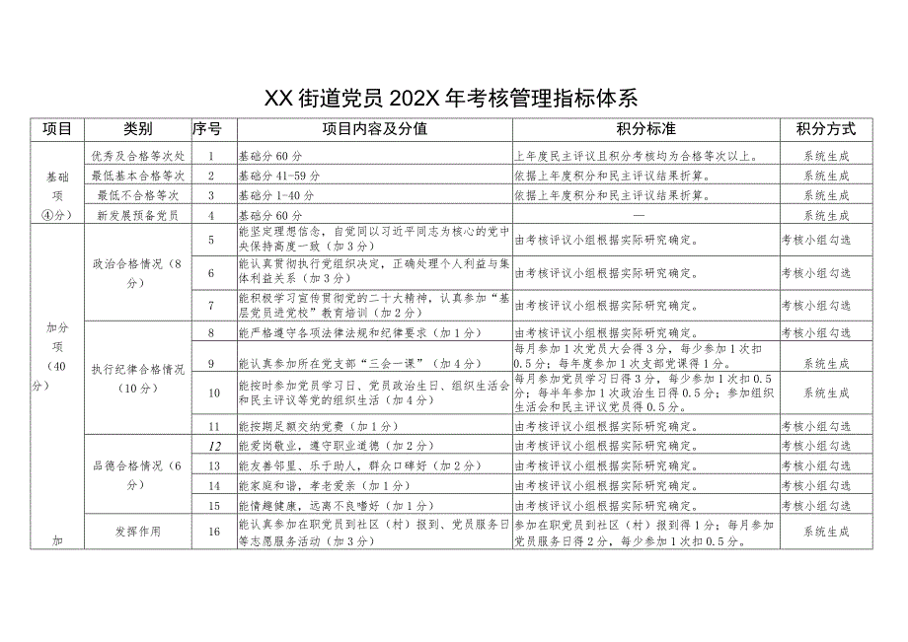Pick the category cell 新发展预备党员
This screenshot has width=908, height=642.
(137, 215)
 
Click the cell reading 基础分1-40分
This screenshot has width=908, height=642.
(277, 195)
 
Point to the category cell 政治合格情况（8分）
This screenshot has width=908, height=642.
(137, 272)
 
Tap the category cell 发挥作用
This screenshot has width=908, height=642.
(137, 531)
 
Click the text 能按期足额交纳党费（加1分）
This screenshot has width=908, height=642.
(318, 426)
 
